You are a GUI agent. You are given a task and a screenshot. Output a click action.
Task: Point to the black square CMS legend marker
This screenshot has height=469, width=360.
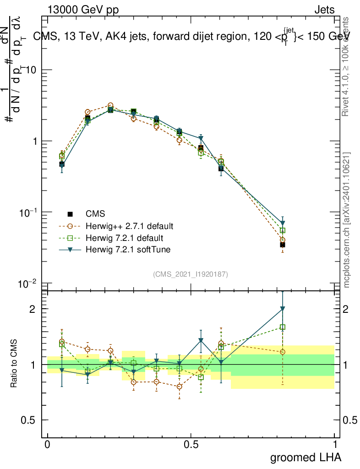tap(70, 214)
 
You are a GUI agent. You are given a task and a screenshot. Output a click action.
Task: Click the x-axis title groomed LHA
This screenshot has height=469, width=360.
tap(305, 457)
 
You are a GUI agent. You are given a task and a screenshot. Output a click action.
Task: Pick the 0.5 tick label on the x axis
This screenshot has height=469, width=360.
tap(191, 445)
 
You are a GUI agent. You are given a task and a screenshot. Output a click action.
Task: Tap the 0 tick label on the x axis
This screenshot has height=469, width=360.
tap(48, 445)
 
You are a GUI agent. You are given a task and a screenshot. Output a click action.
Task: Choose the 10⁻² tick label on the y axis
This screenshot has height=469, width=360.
tap(28, 284)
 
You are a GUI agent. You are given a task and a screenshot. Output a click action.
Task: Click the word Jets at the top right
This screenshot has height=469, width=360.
tap(324, 10)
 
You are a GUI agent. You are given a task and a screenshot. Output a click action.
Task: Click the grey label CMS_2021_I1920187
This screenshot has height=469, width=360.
tap(191, 274)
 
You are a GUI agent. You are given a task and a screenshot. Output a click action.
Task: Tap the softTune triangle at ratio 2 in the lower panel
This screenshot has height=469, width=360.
tap(283, 309)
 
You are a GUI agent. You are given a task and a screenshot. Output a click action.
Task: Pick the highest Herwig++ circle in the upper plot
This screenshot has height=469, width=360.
tap(110, 105)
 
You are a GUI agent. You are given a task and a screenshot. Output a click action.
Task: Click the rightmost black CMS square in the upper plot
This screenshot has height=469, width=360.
tap(283, 245)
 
